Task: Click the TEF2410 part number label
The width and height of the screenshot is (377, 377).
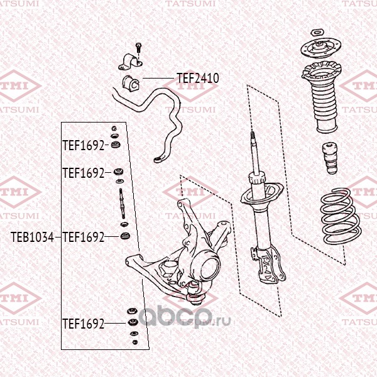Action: coord(198,78)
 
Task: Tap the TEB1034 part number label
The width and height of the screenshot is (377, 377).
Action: coord(32,237)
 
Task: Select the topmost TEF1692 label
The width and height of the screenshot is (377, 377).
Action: coord(84,145)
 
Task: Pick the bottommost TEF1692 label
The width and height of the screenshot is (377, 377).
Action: coord(84,324)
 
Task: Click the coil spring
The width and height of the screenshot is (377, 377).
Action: coord(341,216)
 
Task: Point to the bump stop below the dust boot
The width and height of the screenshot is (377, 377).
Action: coord(330,158)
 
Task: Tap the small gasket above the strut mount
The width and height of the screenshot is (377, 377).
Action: coord(318,33)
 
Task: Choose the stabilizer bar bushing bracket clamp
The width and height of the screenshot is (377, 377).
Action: coord(131,62)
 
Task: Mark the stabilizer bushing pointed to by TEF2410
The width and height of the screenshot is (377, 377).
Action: coord(131,83)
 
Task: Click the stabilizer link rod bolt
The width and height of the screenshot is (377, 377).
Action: coord(122,204)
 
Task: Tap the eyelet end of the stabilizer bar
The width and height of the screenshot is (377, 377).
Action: coord(158,159)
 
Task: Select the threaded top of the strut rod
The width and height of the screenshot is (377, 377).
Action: coord(253,138)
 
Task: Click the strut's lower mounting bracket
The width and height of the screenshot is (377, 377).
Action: coord(268,265)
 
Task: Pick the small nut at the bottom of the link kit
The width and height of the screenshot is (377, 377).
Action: coord(135,342)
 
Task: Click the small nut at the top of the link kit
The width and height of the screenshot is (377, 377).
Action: coord(114,128)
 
